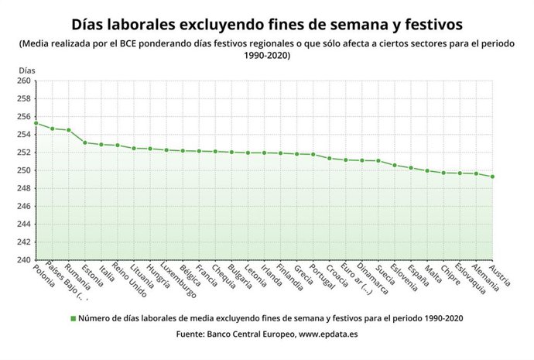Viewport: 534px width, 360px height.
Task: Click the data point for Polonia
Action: tap(36, 123)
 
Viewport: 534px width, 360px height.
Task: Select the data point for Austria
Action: tap(492, 177)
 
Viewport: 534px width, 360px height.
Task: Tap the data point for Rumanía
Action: tap(69, 130)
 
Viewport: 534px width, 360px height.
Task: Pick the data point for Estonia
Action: tap(85, 142)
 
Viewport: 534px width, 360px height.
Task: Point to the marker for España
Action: tap(411, 168)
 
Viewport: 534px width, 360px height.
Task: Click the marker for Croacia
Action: tap(330, 159)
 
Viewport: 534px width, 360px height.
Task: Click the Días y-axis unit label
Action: tap(27, 70)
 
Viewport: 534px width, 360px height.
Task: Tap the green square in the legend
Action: tap(73, 318)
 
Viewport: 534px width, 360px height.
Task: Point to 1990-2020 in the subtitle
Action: tap(266, 56)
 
